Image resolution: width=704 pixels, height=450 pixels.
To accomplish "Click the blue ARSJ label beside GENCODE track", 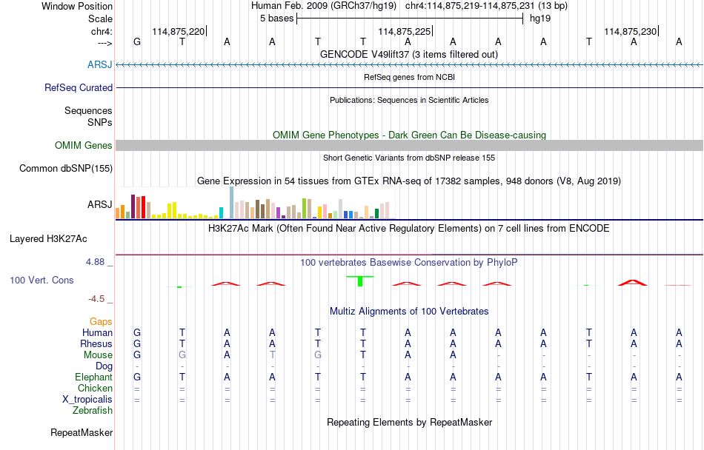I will tap(99, 65).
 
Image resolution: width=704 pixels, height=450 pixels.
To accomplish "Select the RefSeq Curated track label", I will tap(79, 87).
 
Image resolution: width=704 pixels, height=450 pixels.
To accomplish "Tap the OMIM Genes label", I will tap(83, 145).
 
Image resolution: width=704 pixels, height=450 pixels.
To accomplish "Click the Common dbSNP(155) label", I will tap(66, 168).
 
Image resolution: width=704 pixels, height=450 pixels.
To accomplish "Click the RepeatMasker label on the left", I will tap(82, 432).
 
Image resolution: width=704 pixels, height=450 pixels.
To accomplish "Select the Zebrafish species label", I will tap(93, 410).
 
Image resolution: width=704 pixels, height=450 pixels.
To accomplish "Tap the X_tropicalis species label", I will tap(87, 399).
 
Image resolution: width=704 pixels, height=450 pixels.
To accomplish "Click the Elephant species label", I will tap(93, 377).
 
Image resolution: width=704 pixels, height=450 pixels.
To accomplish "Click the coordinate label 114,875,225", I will tap(404, 31).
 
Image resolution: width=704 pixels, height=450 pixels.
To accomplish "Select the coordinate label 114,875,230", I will tap(630, 31).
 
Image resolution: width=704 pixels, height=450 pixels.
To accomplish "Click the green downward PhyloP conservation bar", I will tap(360, 281).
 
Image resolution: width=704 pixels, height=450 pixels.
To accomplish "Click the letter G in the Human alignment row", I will tap(136, 333).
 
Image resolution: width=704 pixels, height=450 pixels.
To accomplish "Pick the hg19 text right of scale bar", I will tap(539, 19).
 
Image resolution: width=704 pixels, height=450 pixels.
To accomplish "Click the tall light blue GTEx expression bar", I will tap(232, 203).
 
